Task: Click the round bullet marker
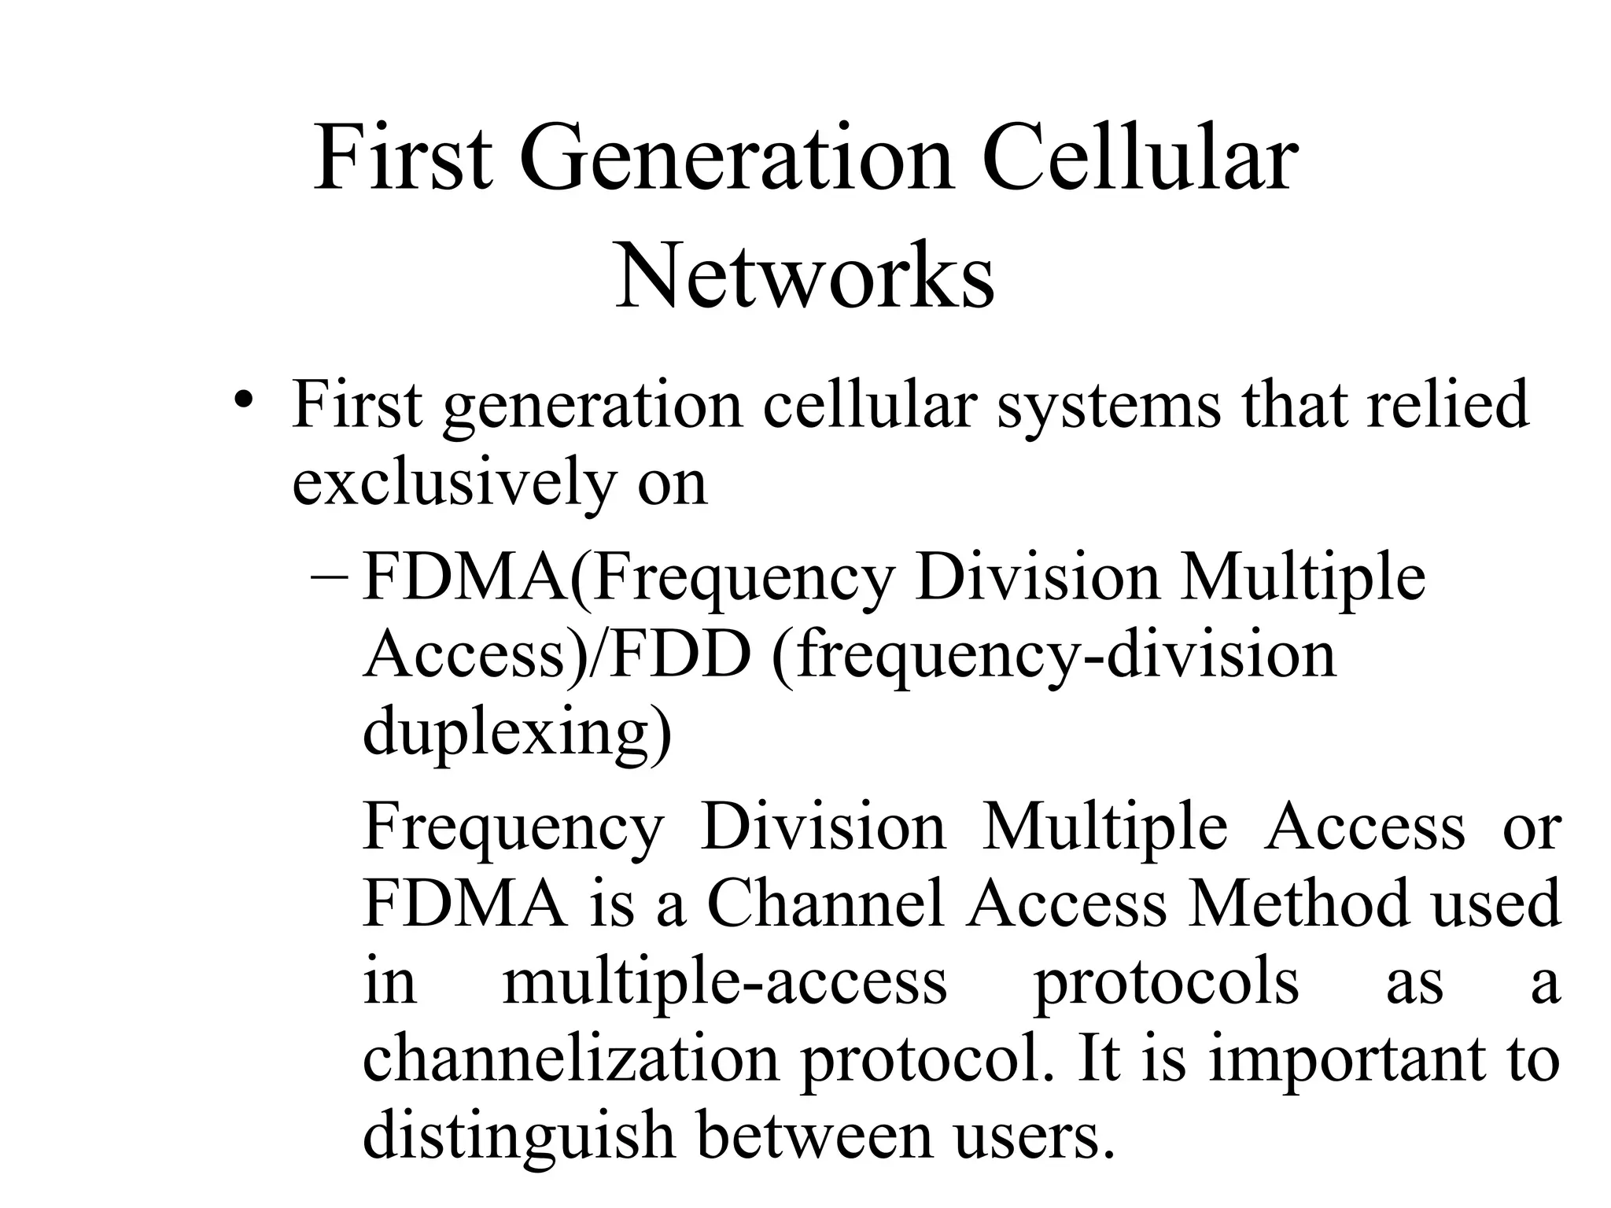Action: (x=245, y=398)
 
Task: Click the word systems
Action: (x=1108, y=406)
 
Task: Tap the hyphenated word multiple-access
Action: (x=724, y=983)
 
